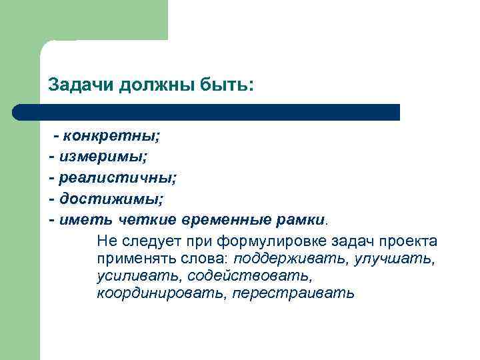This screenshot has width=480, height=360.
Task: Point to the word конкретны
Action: click(x=111, y=137)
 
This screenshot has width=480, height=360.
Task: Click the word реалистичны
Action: click(x=117, y=178)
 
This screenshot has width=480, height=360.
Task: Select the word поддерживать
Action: click(x=287, y=258)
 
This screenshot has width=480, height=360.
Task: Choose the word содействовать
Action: click(x=249, y=275)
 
